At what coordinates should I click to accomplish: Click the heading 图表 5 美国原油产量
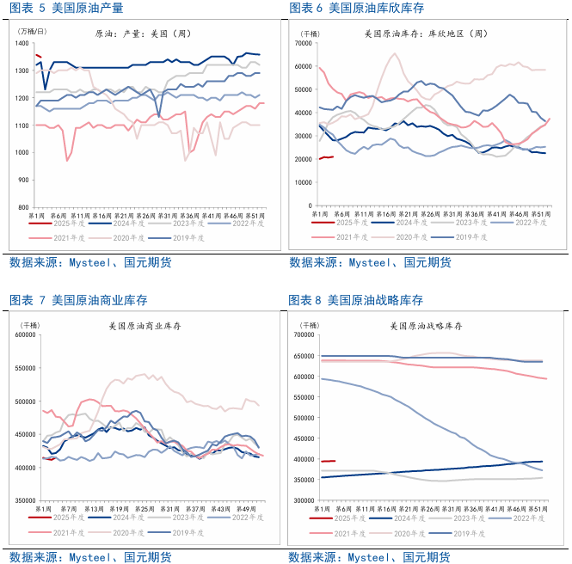tap(65, 9)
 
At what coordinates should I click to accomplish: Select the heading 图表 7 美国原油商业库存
tap(77, 300)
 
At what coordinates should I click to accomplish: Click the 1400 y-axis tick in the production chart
tap(22, 43)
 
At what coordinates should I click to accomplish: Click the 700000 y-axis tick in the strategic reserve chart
tap(304, 335)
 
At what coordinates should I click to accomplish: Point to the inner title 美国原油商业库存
tap(142, 326)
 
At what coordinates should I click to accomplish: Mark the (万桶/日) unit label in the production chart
tap(32, 31)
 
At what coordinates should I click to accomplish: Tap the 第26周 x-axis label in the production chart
tap(145, 215)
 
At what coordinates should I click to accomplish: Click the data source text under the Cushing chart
tap(370, 262)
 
